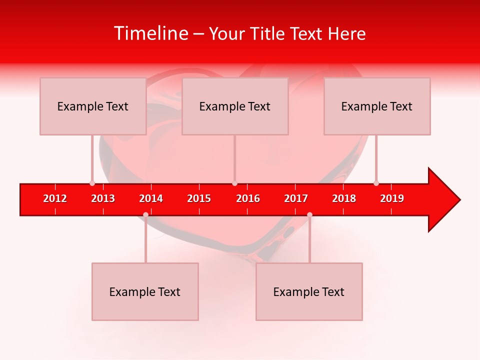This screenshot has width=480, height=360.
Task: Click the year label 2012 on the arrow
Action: pos(55,198)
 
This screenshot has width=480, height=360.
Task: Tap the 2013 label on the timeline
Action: pos(103,198)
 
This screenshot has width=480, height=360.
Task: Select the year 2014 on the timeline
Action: pos(151,198)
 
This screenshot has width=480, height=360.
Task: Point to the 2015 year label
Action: pos(199,198)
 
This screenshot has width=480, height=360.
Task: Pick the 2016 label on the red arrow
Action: pos(248,198)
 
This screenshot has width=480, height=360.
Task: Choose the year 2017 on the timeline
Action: pos(296,198)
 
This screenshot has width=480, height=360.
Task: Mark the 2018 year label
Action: pos(344,198)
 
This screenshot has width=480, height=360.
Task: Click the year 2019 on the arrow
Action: pos(392,198)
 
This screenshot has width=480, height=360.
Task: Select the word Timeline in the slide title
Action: pos(150,33)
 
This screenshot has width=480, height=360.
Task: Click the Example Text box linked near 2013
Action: pos(93,106)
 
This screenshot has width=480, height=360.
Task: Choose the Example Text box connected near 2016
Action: pos(235,106)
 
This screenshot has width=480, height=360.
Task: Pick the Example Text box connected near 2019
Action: pos(377,106)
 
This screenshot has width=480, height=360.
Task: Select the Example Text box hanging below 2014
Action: pos(145,291)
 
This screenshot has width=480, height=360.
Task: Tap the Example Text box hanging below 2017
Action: pos(309,291)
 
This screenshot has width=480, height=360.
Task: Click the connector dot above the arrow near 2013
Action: pos(92,183)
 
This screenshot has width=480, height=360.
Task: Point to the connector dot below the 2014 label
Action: pos(145,214)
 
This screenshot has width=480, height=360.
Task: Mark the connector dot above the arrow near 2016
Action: pos(234,183)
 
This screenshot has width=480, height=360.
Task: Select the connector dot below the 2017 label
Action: pos(309,214)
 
